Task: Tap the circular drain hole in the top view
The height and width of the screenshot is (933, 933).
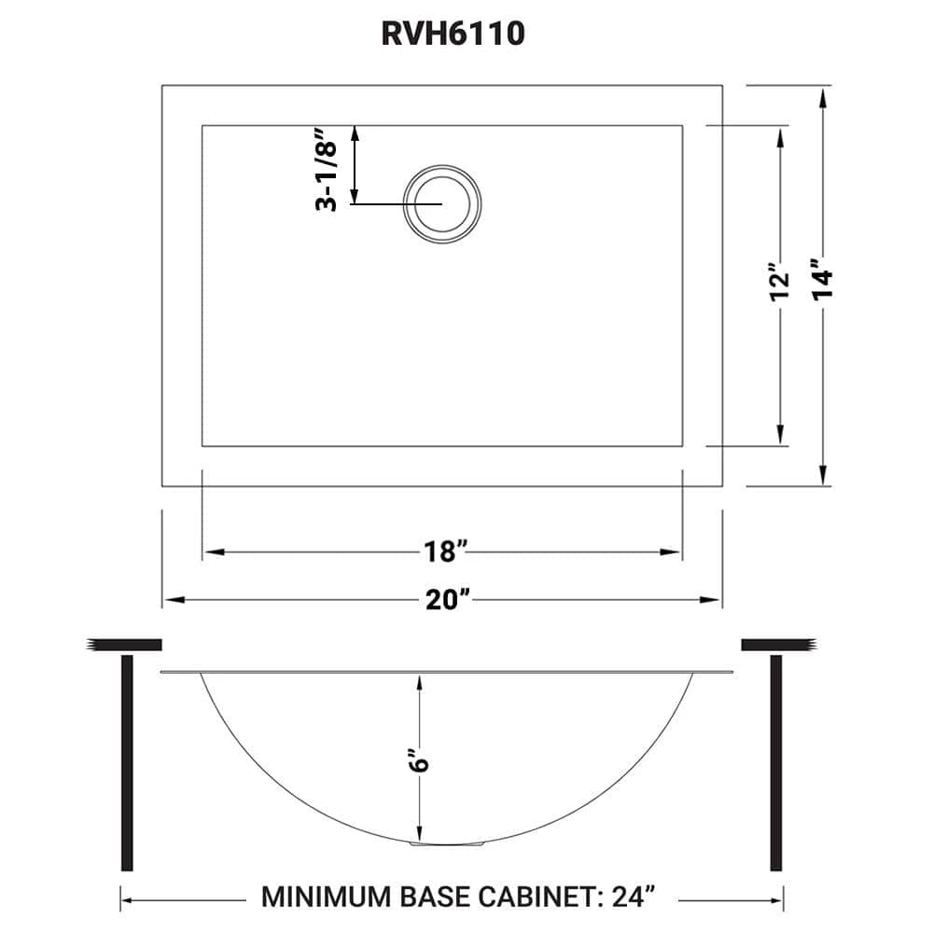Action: click(442, 203)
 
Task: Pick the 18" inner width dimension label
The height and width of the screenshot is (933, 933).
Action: click(441, 552)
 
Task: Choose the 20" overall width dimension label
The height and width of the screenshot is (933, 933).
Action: click(441, 600)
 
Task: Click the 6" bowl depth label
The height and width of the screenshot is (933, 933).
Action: click(421, 761)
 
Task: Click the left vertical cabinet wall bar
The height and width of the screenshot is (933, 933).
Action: click(127, 762)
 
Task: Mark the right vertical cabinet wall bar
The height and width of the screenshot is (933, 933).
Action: click(774, 762)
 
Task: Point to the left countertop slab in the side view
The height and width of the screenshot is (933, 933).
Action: click(125, 645)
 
